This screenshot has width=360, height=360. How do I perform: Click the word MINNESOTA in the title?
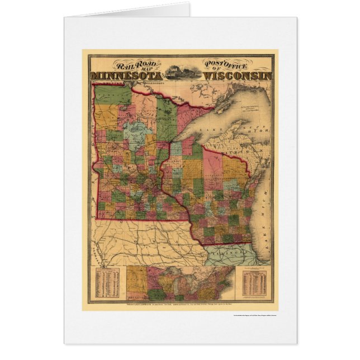[122, 75]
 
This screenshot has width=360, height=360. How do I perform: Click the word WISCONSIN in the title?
[238, 74]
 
